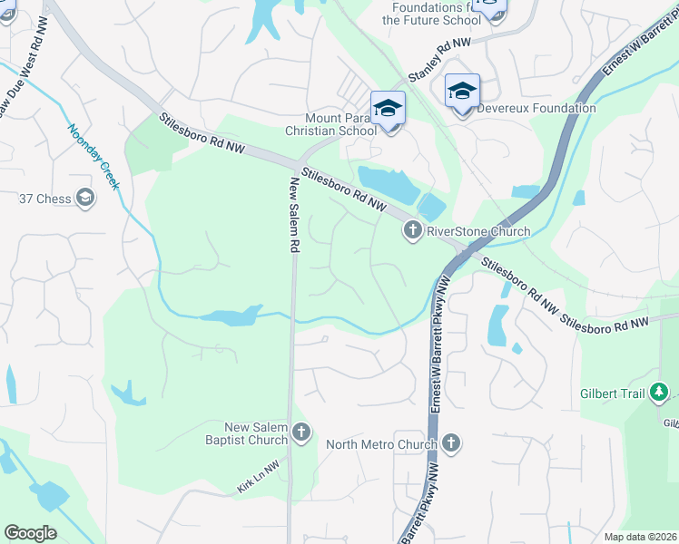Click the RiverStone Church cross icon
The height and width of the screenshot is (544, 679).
coord(413,230)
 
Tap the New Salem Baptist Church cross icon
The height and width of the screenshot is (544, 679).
coord(301,432)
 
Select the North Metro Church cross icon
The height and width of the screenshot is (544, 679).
coord(450,443)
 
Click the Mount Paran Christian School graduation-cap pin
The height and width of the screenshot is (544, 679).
coord(388,108)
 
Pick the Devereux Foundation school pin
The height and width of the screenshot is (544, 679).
coord(462,91)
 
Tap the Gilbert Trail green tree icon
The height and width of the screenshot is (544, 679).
coord(660,393)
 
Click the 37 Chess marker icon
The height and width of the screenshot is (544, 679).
coord(85,198)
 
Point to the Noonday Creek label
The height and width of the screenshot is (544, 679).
coord(93,156)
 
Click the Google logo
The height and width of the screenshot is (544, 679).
coord(30,533)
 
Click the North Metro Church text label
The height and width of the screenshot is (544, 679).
coord(381,444)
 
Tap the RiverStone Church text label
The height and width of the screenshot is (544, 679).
coord(478,231)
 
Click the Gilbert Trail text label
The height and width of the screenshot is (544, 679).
coord(613,393)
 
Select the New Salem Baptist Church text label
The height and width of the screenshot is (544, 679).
coord(256,433)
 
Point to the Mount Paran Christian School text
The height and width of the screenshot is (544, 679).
coord(340,124)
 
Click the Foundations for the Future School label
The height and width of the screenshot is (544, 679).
coord(431,13)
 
